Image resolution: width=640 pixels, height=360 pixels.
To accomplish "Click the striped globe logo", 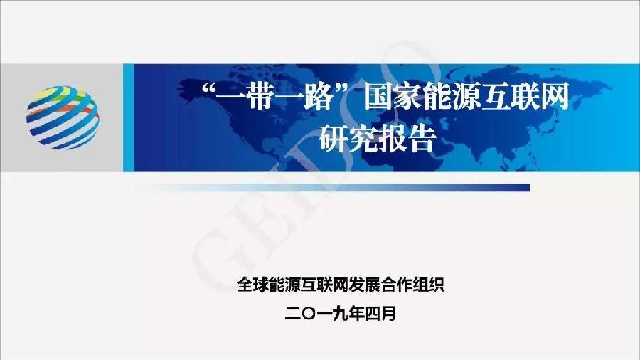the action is (63, 117).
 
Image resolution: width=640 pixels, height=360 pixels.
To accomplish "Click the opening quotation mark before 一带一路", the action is (208, 88).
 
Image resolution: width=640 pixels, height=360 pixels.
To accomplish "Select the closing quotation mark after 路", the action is (343, 88).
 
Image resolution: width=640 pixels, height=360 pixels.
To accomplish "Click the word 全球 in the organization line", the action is (252, 285).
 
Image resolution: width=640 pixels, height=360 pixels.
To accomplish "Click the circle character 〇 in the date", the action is (309, 314).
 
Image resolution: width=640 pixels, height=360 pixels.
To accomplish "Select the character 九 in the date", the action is (340, 314).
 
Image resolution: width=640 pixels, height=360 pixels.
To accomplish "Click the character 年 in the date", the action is (356, 314).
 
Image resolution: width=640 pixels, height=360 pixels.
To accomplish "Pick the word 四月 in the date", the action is (380, 314).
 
